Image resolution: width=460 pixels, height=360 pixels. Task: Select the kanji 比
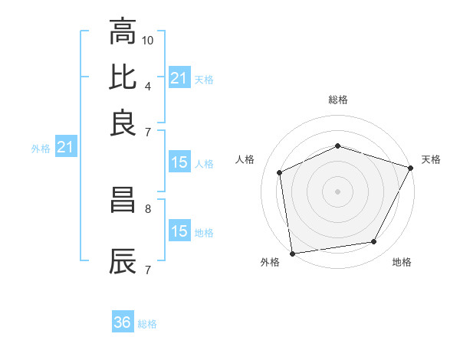coord(123,77)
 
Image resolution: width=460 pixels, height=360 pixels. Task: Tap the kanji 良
coord(123,122)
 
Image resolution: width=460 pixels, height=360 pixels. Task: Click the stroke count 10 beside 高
coord(148,39)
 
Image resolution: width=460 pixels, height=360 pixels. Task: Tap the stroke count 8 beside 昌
coord(147,208)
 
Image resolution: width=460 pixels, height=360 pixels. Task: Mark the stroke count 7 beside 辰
coord(147,269)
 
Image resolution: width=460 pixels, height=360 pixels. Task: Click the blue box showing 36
coord(123,322)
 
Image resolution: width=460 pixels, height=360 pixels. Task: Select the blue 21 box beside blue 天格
coord(179,78)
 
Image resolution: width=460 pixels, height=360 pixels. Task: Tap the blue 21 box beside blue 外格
coord(64,147)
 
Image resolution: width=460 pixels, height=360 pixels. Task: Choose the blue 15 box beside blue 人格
coord(179,162)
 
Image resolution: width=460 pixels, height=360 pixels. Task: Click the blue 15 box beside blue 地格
coord(179,231)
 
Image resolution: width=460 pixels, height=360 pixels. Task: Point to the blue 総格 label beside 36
coord(147,324)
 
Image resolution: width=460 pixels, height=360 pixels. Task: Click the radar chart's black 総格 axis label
coord(337,100)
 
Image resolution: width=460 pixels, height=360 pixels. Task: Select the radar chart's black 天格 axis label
coord(431,159)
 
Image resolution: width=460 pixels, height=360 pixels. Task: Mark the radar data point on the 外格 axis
coord(292,253)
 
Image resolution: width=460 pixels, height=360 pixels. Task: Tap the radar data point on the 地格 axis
coord(374,242)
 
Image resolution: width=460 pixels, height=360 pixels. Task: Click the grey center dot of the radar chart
coord(337,191)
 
